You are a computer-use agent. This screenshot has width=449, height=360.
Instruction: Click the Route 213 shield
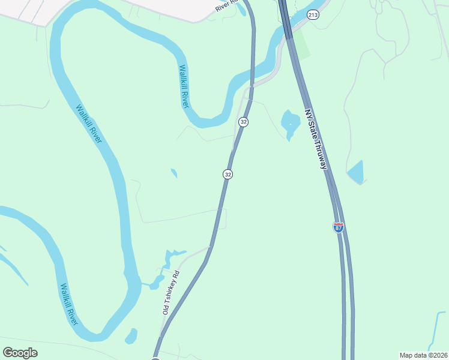[312, 14]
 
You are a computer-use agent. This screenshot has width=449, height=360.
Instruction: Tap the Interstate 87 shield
[339, 227]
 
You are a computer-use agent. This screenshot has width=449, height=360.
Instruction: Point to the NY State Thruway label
[316, 139]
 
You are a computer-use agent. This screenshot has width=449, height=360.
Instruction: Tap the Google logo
[20, 352]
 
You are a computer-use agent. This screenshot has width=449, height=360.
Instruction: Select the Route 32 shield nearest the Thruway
[243, 122]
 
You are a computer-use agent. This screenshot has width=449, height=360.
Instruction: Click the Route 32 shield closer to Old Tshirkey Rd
[228, 174]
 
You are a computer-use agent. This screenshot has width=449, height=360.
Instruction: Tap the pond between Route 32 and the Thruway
[291, 124]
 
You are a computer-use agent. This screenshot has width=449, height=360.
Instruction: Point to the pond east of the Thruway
[356, 173]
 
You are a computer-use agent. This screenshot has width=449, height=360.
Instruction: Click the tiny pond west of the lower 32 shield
[174, 173]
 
